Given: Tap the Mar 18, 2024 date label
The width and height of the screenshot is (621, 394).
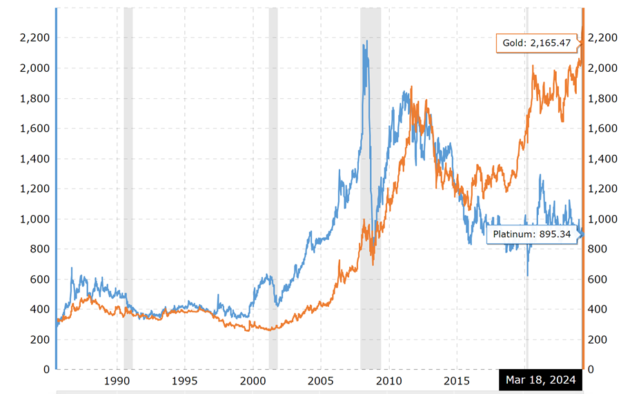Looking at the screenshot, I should click(x=540, y=379).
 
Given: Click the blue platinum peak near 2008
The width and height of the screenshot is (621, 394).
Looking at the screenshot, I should click(x=366, y=41).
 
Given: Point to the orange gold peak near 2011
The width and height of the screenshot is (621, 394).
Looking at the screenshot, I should click(x=412, y=87).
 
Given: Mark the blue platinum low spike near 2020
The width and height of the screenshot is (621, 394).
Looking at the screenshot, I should click(x=528, y=275).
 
